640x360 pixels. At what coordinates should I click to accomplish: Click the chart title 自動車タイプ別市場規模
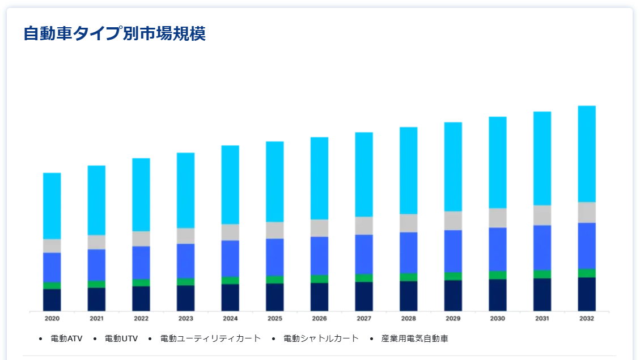point(115,33)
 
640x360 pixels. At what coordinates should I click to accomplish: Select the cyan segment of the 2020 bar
point(52,206)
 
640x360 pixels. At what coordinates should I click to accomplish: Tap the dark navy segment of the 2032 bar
point(587,294)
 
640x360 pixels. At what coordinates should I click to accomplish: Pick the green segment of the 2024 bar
point(230,280)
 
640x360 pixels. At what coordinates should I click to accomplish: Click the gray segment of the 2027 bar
point(364,226)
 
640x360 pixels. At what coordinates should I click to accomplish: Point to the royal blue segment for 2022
point(141,262)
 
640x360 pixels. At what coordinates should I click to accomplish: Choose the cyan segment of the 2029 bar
point(453,167)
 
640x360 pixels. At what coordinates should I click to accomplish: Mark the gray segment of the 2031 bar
point(542,215)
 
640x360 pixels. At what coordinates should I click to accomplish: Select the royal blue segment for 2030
point(498,249)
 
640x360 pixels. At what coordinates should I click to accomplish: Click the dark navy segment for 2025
point(275,297)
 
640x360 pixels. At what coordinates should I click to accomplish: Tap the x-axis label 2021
point(96,319)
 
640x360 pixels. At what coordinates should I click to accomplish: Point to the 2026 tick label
point(319,319)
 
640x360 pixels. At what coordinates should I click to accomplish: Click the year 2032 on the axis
point(587,319)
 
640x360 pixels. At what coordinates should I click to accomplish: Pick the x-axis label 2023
point(185,319)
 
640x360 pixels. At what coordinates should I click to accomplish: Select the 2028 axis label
point(408,319)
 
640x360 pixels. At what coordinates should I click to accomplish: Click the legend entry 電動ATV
point(66,338)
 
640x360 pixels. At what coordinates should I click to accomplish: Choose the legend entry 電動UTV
point(121,338)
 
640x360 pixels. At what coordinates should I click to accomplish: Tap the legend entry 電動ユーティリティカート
point(210,338)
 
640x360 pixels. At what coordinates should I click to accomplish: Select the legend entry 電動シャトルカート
point(321,338)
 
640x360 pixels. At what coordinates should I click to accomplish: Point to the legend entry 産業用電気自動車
point(415,338)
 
